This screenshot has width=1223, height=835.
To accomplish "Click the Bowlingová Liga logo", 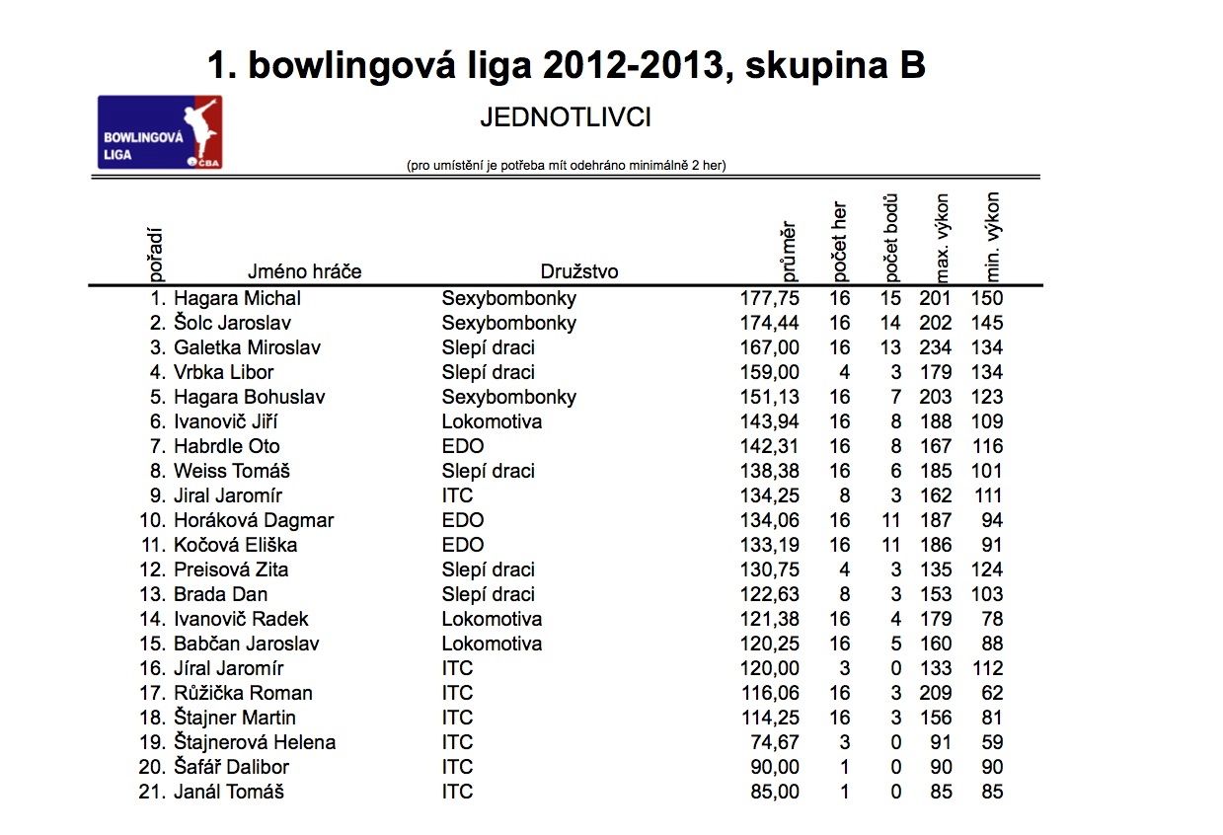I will (159, 132).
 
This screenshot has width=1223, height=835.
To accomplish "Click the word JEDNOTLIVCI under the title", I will (565, 118).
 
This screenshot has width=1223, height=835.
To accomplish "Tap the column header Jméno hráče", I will (304, 271).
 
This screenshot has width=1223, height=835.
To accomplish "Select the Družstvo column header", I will (579, 271).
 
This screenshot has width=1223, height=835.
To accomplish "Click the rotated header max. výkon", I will (941, 237).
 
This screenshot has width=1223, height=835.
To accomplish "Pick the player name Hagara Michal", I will (237, 298).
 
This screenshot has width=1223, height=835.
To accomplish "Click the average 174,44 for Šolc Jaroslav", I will (770, 323).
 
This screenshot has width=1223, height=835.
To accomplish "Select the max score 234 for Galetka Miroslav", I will (935, 347).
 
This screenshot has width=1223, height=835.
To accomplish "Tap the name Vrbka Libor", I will (223, 372).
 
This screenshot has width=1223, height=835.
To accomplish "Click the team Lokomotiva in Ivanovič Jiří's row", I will (492, 421).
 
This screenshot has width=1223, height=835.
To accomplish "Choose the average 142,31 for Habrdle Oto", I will (770, 446).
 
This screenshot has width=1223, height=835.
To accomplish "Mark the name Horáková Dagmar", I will (254, 520).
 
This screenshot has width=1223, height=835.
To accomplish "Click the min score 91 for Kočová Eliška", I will (991, 545).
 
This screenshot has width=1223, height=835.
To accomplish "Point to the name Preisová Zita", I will (231, 569).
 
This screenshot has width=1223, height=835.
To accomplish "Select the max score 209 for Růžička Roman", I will (935, 693).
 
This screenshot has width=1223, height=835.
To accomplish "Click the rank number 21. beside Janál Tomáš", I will (153, 792).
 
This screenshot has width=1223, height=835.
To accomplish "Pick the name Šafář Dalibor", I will (231, 767).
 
